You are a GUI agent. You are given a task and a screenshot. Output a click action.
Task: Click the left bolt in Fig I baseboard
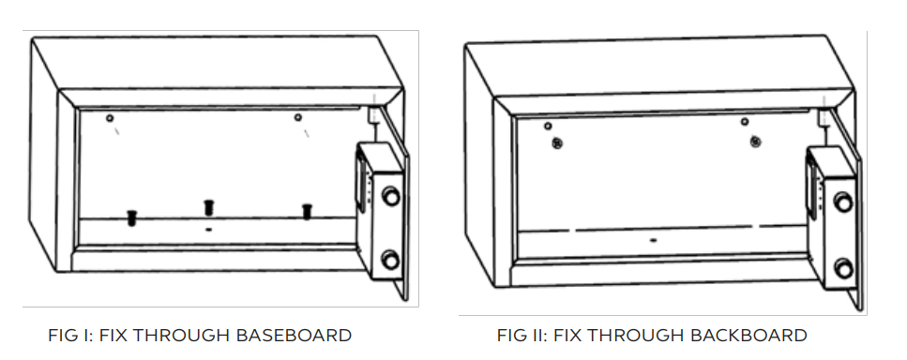click(x=132, y=217)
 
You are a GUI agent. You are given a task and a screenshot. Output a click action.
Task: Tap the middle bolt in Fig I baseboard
click(x=209, y=207)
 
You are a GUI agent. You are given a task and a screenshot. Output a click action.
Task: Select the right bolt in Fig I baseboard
click(x=307, y=212)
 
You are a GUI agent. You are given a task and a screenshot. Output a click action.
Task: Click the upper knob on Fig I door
click(x=391, y=196)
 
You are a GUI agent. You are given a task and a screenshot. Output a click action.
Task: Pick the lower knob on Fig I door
click(x=390, y=260)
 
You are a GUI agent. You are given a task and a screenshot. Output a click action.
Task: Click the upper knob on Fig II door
click(x=843, y=202)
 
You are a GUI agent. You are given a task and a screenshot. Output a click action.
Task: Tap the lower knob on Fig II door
click(x=843, y=268)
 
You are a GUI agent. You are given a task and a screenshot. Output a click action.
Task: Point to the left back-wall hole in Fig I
click(x=110, y=118)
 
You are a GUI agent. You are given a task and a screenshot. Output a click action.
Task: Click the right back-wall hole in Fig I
click(x=298, y=117)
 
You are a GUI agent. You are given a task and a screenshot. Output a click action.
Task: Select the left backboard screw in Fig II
click(x=557, y=143)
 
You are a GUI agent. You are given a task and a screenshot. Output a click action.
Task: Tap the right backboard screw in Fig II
click(x=755, y=142)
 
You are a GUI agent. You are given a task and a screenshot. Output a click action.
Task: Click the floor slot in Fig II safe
click(x=654, y=240)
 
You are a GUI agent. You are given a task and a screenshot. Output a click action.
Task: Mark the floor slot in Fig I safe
click(x=209, y=230)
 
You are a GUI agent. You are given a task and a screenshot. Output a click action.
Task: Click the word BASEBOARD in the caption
click(x=293, y=335)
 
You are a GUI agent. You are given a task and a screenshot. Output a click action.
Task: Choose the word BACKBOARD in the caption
click(x=748, y=335)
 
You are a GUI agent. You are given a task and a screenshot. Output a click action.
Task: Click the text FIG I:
click(x=70, y=335)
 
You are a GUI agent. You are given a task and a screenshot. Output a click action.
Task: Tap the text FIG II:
click(x=522, y=335)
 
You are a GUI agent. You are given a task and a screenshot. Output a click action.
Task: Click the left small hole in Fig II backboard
click(x=548, y=126)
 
